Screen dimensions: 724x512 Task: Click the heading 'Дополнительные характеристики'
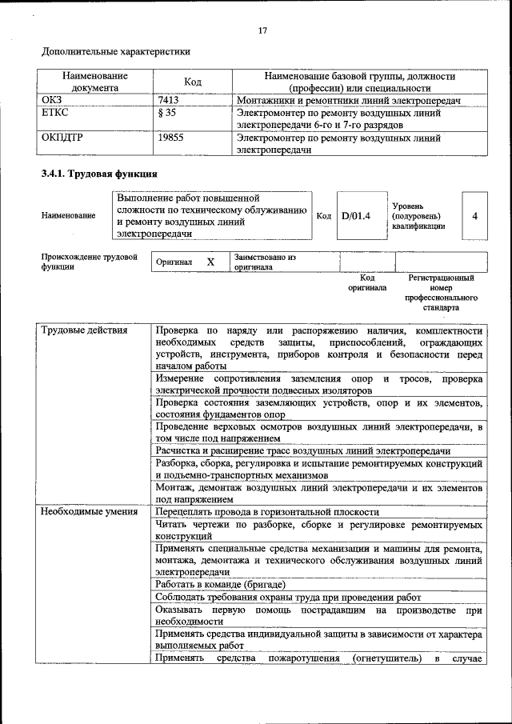(116, 52)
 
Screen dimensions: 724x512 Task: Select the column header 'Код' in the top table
(193, 82)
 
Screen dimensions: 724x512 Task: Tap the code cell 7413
(169, 101)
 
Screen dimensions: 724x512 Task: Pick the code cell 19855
(171, 138)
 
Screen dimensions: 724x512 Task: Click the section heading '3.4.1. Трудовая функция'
(99, 174)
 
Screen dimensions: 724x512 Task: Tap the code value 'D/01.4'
(356, 215)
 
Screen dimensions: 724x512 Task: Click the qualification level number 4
(474, 215)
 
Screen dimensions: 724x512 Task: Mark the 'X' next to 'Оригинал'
(210, 262)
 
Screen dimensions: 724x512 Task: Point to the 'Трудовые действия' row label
(84, 330)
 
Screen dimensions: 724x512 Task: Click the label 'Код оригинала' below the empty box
(366, 282)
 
